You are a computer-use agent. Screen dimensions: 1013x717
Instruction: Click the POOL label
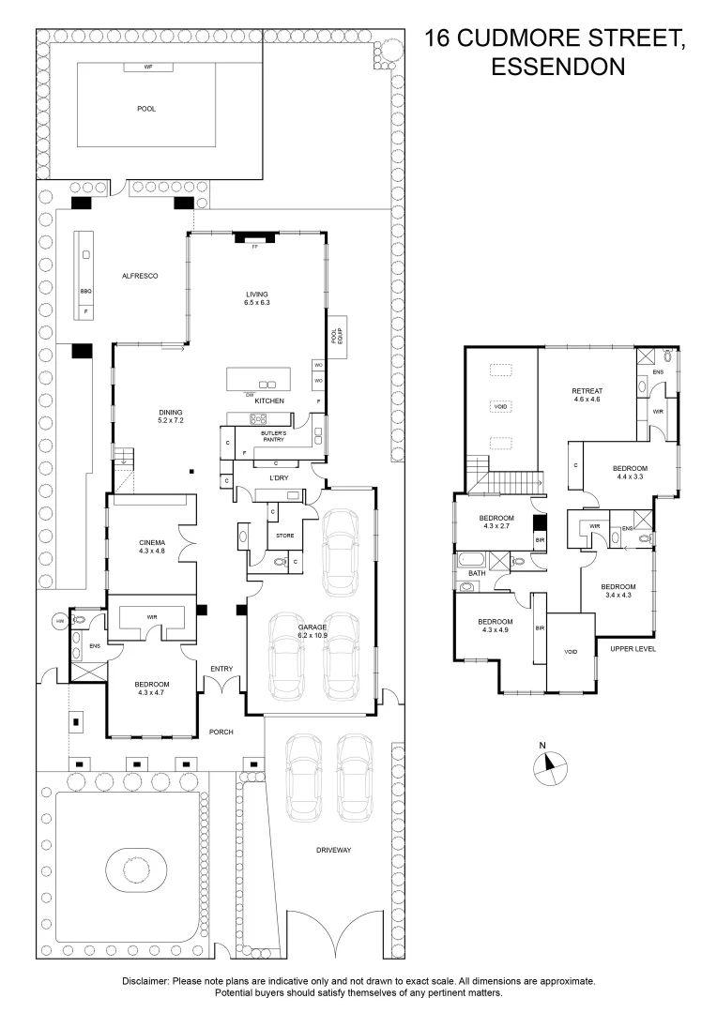[146, 109]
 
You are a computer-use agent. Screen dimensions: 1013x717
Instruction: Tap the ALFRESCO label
[139, 276]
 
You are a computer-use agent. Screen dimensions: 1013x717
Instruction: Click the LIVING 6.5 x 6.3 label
[257, 298]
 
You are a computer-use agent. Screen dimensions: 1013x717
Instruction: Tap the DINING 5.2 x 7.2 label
[170, 416]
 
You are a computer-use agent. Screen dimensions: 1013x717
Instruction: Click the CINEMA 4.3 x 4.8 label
[152, 547]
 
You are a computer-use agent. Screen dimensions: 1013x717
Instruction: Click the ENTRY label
[221, 668]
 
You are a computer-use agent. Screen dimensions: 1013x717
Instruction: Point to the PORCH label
[221, 732]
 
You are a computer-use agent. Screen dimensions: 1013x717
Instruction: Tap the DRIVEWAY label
[332, 850]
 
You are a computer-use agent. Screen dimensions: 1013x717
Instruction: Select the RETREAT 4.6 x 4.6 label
[587, 395]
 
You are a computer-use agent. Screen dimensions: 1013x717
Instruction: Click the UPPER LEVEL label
[632, 649]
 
